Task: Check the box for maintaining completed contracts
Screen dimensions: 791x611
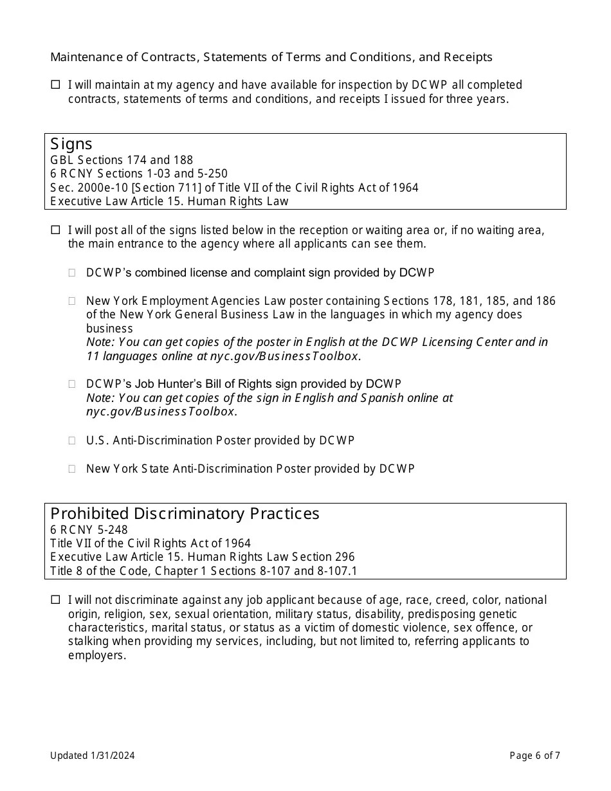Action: coord(55,84)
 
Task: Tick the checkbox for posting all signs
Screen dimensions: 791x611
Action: coord(55,230)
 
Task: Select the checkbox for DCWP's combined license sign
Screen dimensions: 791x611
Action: coord(73,273)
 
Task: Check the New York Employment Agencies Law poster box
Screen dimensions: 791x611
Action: coord(73,301)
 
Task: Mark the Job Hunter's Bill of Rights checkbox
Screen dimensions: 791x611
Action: coord(73,384)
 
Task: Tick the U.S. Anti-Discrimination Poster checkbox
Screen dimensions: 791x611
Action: coord(73,441)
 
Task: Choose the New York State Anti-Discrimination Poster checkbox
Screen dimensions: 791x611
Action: coord(73,469)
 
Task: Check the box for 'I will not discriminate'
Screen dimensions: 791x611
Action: coord(55,599)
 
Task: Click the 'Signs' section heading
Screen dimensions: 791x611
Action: coord(71,144)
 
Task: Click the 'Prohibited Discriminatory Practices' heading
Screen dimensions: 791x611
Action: coord(185,514)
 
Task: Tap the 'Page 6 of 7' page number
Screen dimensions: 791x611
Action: coord(534,756)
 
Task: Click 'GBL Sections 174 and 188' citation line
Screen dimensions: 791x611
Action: coord(122,160)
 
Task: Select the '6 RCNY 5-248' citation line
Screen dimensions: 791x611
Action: coord(89,530)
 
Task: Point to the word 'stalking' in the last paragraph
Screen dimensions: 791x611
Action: coord(89,641)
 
